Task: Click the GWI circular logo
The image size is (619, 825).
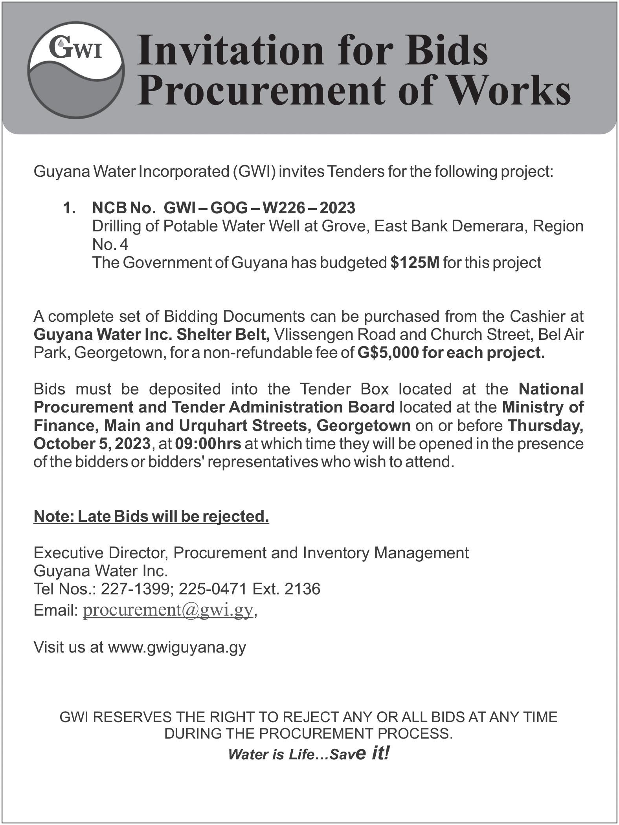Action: coord(76,70)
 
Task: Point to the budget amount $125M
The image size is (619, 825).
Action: coord(415,262)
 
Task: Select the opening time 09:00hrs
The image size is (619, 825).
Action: coord(208,444)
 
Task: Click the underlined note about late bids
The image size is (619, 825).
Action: coord(151,516)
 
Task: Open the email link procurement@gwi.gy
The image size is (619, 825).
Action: coord(168,610)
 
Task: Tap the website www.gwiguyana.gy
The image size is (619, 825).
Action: coord(177,647)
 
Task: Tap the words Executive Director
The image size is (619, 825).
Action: coord(101,553)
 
